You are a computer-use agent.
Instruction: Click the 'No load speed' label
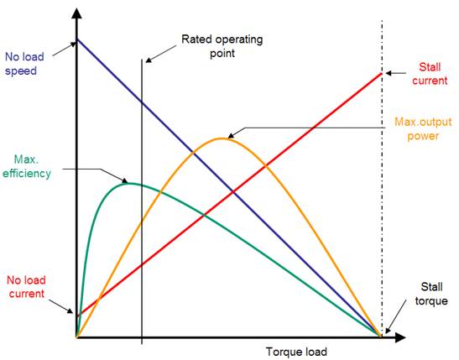point(24,64)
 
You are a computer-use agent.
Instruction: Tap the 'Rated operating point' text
point(222,46)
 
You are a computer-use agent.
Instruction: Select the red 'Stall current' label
point(430,74)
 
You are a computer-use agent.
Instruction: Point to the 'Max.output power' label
point(423,128)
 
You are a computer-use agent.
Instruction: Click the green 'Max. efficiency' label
point(27,166)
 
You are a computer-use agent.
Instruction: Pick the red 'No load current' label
point(26,287)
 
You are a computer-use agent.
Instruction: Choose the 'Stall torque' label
point(431,294)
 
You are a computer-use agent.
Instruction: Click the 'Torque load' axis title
point(296,352)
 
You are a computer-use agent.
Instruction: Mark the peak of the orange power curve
point(222,138)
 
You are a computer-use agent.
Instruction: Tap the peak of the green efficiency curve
point(128,183)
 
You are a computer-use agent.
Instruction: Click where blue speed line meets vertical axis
point(77,39)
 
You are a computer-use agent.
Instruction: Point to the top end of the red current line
point(382,74)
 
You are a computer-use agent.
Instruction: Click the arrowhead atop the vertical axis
point(76,13)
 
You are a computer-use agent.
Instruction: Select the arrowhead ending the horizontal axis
point(400,337)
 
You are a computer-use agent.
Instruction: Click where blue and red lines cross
point(233,192)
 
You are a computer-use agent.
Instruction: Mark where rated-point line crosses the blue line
point(142,102)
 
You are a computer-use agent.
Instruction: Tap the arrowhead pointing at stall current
point(389,73)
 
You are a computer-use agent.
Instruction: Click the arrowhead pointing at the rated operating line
point(149,60)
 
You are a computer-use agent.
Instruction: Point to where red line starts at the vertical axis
point(78,316)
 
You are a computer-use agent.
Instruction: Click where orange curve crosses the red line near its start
point(98,299)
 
